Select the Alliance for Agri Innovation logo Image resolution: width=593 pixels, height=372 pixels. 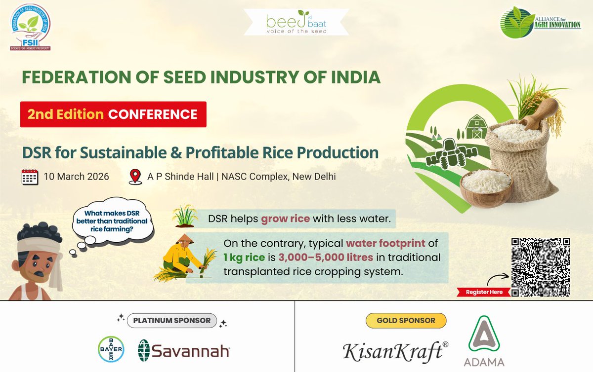pyautogui.click(x=540, y=22)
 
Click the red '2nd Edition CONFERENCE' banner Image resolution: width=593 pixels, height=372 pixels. pyautogui.click(x=113, y=114)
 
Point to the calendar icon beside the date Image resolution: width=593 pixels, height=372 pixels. pyautogui.click(x=30, y=176)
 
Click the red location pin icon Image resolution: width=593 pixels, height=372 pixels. pyautogui.click(x=134, y=176)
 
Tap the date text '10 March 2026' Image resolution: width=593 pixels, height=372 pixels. pyautogui.click(x=76, y=176)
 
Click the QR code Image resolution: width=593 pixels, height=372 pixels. pyautogui.click(x=541, y=266)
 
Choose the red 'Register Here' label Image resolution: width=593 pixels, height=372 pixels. pyautogui.click(x=484, y=292)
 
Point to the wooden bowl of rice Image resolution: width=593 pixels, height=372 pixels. pyautogui.click(x=485, y=186)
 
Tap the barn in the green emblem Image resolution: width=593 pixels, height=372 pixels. pyautogui.click(x=476, y=127)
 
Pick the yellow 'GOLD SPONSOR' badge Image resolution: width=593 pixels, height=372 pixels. pyautogui.click(x=406, y=320)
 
